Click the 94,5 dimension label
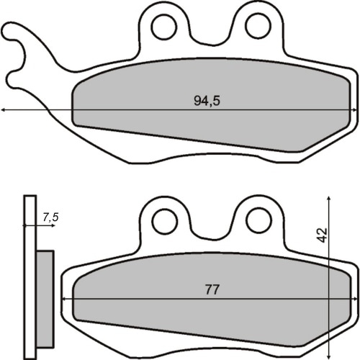click(207, 101)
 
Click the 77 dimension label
click(212, 289)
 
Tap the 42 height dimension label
click(322, 235)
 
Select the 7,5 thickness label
click(50, 217)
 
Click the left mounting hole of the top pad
click(164, 27)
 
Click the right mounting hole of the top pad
click(258, 26)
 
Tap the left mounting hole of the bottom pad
click(165, 221)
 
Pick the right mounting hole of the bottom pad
click(259, 220)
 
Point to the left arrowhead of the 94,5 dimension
click(3, 110)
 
